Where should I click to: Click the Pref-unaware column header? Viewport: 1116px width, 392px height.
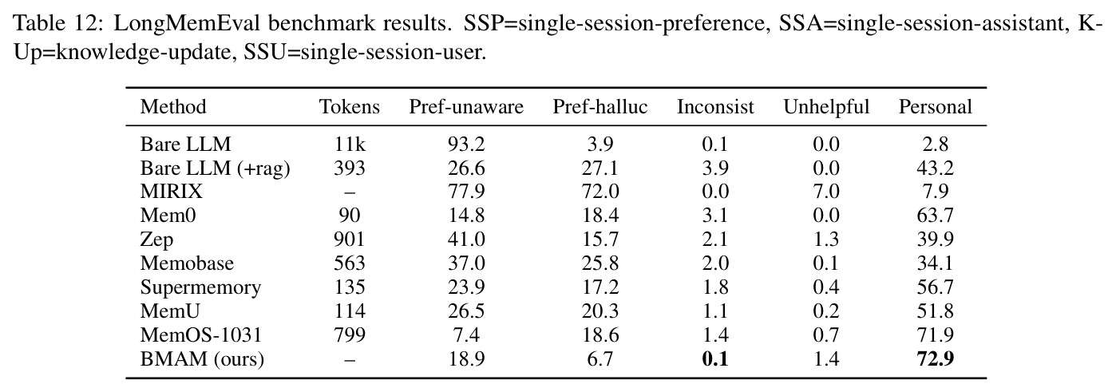coord(466,107)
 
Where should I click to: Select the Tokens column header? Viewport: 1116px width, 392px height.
coord(349,107)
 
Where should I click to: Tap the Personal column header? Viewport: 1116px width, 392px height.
coord(935,107)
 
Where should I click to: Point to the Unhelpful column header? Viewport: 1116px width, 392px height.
coord(826,107)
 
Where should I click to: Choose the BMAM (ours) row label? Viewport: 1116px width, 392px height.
coord(202,359)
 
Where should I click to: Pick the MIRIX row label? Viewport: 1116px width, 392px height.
coord(172,192)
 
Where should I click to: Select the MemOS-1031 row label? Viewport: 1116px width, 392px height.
coord(201,335)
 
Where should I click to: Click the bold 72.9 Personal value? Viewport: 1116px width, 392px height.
coord(935,359)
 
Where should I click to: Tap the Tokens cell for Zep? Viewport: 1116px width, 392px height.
coord(349,240)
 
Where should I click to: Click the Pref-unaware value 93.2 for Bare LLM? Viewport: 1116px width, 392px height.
coord(466,145)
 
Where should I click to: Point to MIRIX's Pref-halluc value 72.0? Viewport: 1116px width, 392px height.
coord(600,192)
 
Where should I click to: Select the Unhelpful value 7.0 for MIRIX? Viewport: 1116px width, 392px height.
coord(826,192)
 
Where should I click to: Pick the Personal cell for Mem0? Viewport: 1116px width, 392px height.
coord(935,216)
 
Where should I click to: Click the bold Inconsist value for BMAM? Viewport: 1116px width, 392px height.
coord(715,359)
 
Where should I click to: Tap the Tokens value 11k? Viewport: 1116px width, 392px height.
coord(349,145)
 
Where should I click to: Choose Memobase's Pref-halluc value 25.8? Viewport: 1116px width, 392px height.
coord(600,263)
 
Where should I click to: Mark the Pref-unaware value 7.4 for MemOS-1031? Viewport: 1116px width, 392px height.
coord(466,335)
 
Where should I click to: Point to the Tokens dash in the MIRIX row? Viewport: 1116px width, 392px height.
coord(349,192)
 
